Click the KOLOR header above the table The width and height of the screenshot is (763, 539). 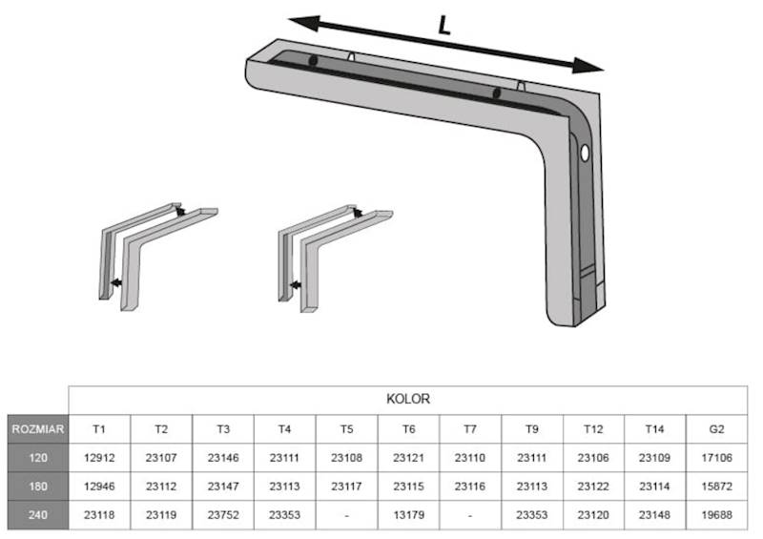408,400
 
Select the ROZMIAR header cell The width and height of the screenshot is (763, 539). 38,429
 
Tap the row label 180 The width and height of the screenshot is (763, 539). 38,487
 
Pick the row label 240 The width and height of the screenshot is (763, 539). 38,514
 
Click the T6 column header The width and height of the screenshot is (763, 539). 409,429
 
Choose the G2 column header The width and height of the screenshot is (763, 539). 717,429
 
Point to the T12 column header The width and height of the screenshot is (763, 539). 593,429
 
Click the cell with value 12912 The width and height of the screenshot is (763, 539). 99,458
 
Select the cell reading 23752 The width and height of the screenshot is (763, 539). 223,514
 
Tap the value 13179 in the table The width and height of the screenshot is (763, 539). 409,514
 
